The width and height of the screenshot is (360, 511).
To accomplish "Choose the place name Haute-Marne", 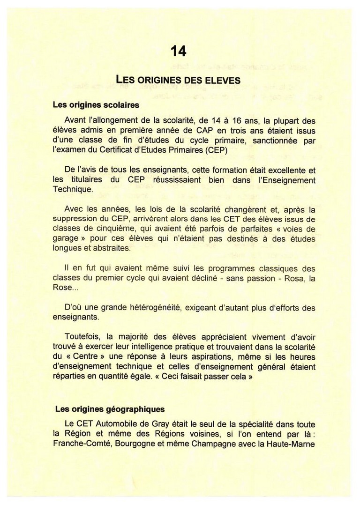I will (x=291, y=443).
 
